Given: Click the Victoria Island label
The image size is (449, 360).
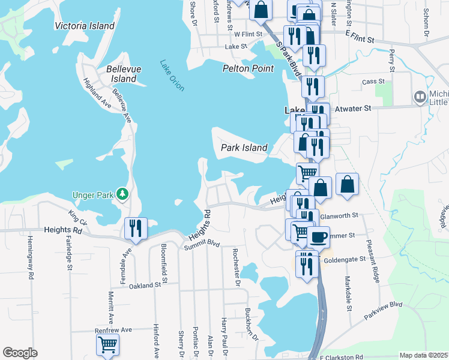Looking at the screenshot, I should coord(84,26).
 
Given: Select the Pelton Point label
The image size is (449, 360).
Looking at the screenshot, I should coord(248,68).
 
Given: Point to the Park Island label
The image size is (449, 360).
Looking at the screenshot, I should coord(244,147).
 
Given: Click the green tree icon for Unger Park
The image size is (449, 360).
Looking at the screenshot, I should coord(122,193).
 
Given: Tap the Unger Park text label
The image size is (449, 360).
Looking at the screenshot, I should coord(93,194).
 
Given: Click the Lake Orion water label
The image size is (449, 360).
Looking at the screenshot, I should coord(172,75).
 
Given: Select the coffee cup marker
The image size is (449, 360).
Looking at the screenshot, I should coord(319,236).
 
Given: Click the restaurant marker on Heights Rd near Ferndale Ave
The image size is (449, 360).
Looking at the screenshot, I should coord(135,228).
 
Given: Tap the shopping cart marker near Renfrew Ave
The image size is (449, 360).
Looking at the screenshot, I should coord(107,345).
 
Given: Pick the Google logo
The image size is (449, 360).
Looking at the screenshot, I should coord(20,353).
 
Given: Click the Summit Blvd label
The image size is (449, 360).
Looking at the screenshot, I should coord(202,243).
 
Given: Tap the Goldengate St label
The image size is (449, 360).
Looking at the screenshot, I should coord(345,260).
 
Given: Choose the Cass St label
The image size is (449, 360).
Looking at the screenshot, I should coord(373,81).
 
